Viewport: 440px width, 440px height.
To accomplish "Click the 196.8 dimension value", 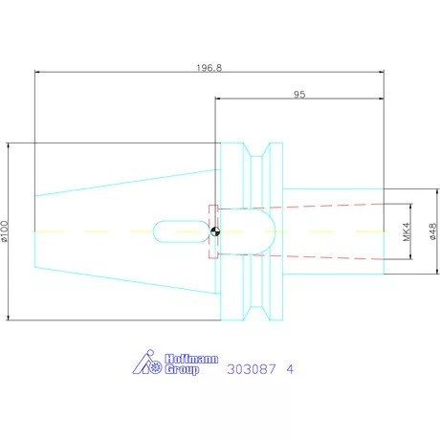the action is coord(209,68).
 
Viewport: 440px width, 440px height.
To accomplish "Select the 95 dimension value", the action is coord(299,95).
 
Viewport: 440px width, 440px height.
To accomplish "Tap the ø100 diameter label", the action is coord(5,231).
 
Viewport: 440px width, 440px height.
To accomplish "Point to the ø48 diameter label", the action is coord(433,231).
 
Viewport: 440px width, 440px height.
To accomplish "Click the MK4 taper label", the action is coord(406,231).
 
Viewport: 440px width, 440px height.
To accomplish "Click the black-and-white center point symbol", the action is coord(215,231).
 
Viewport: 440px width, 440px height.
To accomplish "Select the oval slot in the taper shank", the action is coord(181,231).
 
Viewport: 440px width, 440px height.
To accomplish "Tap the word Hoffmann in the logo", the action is coord(191,359).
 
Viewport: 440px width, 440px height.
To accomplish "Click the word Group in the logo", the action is coord(182,369).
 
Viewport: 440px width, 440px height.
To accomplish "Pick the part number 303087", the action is coord(252,369).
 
